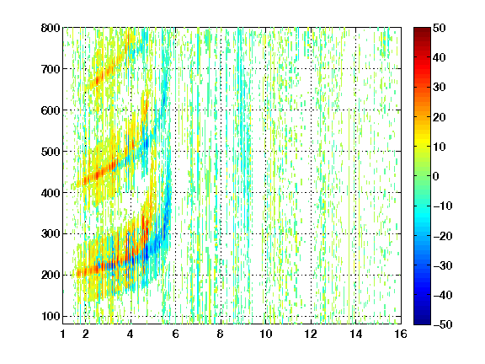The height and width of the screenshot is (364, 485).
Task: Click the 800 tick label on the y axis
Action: coord(51,28)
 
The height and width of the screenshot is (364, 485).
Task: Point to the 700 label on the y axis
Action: coord(51,69)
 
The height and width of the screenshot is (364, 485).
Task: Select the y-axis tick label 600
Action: coord(51,110)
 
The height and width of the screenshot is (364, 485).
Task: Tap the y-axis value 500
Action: coord(51,152)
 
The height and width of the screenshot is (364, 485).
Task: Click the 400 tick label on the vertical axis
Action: coord(51,193)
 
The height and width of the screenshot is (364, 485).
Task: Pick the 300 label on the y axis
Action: coord(51,234)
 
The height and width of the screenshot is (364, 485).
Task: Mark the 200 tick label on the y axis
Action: coord(51,276)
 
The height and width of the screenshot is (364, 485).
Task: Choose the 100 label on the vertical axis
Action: coord(51,316)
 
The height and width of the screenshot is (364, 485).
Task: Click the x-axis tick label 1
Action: coord(63,334)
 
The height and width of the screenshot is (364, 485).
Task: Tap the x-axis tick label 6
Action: coord(176,334)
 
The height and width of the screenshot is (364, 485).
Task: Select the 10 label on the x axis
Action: coord(266,334)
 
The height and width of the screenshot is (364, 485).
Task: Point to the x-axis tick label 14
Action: coord(356,334)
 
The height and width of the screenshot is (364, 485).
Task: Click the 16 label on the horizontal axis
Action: coord(401,334)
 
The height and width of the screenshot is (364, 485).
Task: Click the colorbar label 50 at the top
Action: coord(439,28)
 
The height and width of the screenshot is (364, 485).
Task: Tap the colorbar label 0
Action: coord(436,176)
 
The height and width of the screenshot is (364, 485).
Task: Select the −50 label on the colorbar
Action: coord(442,324)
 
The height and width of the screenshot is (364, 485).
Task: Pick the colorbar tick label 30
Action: coord(439,88)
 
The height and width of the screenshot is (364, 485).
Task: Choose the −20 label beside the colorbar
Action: coord(442,236)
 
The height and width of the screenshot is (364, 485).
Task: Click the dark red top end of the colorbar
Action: coord(422,29)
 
